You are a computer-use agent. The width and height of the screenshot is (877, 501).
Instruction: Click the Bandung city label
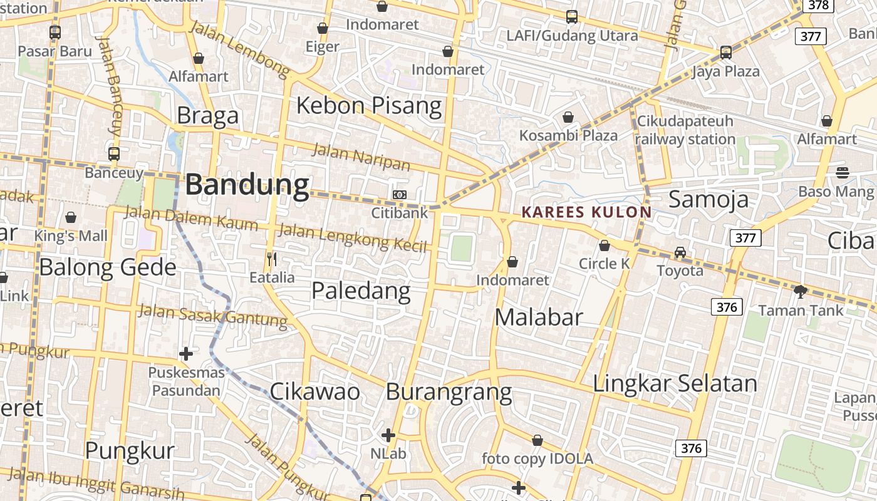tap(247, 185)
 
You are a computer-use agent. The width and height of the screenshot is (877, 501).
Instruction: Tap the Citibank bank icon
tap(400, 195)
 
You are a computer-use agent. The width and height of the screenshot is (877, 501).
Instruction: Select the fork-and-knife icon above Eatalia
tap(272, 259)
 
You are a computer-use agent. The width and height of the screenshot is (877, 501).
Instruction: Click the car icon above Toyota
tap(680, 252)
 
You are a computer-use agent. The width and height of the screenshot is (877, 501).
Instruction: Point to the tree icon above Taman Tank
tap(800, 291)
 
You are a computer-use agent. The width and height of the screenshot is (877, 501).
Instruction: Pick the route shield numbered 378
tap(818, 5)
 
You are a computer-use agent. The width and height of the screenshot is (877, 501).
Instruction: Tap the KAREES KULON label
tap(586, 212)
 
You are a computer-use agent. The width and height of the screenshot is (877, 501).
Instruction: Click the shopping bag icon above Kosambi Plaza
tap(568, 117)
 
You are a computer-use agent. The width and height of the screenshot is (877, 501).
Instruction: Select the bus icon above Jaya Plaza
tap(725, 53)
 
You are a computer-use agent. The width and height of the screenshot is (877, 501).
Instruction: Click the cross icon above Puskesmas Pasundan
tap(186, 354)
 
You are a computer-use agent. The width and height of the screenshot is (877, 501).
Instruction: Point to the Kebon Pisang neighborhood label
tap(369, 105)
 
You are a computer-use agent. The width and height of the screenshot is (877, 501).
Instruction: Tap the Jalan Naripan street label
tap(361, 157)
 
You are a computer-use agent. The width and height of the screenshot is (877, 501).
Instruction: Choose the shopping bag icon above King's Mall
tap(71, 217)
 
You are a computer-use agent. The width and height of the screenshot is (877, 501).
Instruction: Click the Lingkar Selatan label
tap(675, 383)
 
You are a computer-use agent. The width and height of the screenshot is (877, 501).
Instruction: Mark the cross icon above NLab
tap(388, 435)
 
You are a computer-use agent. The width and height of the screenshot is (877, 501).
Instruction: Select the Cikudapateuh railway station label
tap(685, 130)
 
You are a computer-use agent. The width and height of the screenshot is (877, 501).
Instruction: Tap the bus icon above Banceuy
tap(114, 153)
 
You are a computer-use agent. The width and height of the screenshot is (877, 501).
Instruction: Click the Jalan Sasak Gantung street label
tap(212, 314)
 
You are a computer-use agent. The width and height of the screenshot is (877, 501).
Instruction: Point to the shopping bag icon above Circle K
tap(605, 245)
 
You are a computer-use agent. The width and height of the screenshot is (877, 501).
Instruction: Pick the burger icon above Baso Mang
tap(843, 172)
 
